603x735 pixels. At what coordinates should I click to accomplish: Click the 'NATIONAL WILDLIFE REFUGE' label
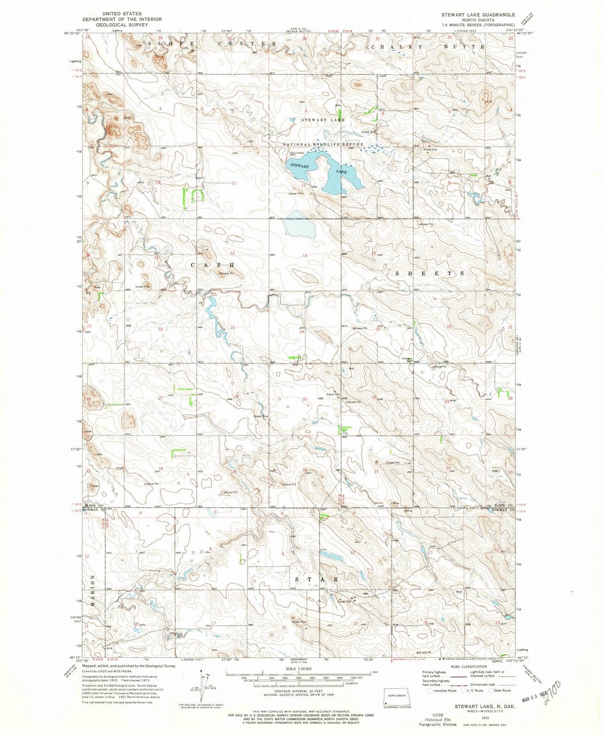pyautogui.click(x=323, y=144)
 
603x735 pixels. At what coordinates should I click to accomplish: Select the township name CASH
pyautogui.click(x=213, y=266)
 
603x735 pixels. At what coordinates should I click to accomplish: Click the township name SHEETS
pyautogui.click(x=430, y=273)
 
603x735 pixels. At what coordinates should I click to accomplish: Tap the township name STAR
pyautogui.click(x=317, y=580)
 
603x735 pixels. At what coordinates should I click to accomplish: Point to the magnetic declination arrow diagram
pyautogui.click(x=203, y=686)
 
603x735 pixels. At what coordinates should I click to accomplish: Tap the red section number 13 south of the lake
pyautogui.click(x=304, y=255)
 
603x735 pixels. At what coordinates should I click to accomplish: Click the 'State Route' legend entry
pyautogui.click(x=502, y=690)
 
